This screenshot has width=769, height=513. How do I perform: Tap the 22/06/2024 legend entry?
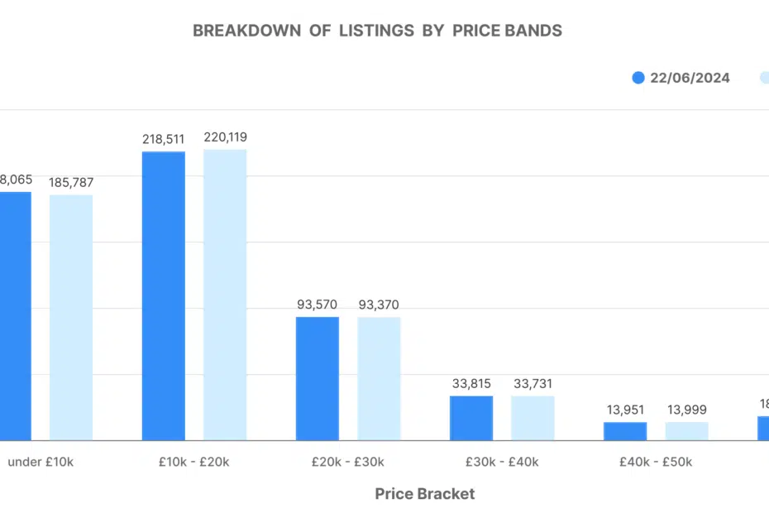(681, 78)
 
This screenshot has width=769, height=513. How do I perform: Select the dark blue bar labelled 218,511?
(164, 295)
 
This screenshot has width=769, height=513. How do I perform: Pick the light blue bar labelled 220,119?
(225, 295)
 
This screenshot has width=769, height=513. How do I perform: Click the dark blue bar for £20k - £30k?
(318, 378)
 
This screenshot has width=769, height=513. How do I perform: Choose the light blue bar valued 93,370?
(379, 378)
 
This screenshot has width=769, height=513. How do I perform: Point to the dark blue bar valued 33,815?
(471, 418)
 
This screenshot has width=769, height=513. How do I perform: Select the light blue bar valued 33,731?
(533, 418)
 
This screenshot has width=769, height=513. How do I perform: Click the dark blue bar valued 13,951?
(625, 431)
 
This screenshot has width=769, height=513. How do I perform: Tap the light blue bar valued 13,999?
(686, 431)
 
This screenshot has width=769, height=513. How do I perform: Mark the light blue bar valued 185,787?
(71, 317)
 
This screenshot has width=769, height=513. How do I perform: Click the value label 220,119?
(225, 137)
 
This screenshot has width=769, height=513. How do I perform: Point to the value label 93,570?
(318, 304)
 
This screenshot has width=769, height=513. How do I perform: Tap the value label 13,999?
(686, 410)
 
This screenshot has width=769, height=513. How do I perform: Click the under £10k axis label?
(41, 462)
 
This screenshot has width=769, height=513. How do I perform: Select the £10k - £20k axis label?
(194, 462)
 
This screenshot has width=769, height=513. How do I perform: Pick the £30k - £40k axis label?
(502, 462)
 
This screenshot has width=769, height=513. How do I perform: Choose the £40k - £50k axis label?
(656, 462)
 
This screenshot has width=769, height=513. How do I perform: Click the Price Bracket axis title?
(425, 494)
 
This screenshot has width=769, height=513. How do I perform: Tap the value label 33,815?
(471, 384)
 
